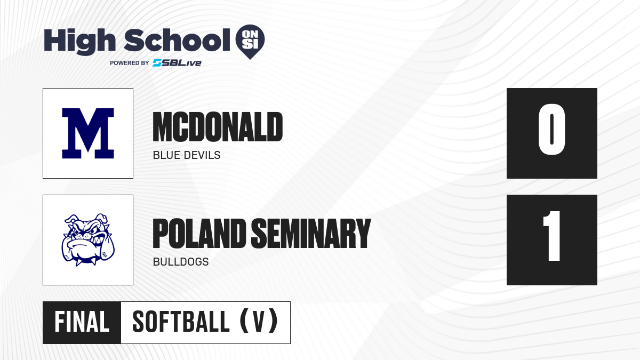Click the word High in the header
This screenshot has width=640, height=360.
[x=79, y=42]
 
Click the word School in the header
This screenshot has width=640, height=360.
[x=177, y=40]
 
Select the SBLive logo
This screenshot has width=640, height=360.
[x=177, y=63]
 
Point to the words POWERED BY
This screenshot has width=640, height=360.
[x=130, y=63]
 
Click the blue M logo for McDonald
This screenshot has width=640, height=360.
[x=88, y=133]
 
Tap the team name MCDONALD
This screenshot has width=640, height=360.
[x=218, y=127]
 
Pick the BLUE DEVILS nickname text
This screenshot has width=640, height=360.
[x=187, y=155]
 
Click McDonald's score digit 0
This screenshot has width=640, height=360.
[x=551, y=129]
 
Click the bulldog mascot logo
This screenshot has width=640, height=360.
[x=88, y=239]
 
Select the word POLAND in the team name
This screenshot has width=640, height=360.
[x=199, y=234]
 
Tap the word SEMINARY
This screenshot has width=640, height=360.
[x=311, y=234]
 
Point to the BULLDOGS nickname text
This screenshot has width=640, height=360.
[x=181, y=262]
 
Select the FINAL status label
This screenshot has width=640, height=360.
[x=82, y=322]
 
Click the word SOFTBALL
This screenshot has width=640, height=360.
[x=181, y=322]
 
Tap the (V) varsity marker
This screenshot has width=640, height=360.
[x=259, y=321]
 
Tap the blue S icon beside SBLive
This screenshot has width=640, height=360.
[x=157, y=63]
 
